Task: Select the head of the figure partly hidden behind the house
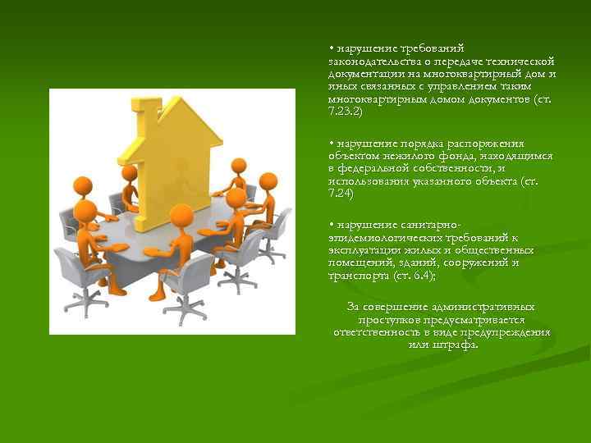[x=128, y=171]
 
